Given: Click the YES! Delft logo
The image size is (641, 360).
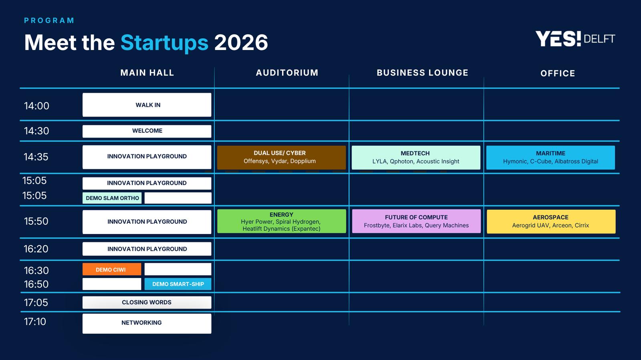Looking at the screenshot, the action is click(575, 39).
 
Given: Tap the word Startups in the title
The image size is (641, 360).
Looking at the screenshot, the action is click(164, 43).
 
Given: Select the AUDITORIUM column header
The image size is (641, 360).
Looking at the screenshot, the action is click(287, 73).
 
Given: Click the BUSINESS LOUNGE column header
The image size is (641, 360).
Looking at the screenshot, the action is click(422, 73).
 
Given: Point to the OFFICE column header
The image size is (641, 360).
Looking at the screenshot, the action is click(558, 74).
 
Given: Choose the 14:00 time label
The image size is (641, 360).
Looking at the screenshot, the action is click(36, 106).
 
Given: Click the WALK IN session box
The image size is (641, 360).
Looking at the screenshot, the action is click(147, 105).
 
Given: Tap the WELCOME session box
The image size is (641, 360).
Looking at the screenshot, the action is click(147, 131).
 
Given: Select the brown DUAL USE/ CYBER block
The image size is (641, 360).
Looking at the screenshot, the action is click(281, 158).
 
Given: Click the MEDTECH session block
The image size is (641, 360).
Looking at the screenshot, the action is click(416, 158).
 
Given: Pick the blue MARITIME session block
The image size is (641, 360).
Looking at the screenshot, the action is click(550, 158).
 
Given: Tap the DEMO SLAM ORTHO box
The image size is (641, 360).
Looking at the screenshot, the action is click(112, 198).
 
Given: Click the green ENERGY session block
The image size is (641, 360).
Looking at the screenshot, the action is click(282, 221).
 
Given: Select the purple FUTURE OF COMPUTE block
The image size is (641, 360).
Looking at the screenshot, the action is click(416, 221).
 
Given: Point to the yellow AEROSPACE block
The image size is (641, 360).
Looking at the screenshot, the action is click(551, 222).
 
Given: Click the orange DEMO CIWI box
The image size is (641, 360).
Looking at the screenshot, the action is click(112, 269).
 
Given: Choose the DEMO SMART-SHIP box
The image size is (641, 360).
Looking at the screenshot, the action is click(178, 284).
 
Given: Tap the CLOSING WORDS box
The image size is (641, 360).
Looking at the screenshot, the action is click(147, 302).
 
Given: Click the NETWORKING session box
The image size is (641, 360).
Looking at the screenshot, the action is click(147, 324).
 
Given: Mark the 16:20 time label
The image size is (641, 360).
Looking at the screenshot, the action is click(36, 249).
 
